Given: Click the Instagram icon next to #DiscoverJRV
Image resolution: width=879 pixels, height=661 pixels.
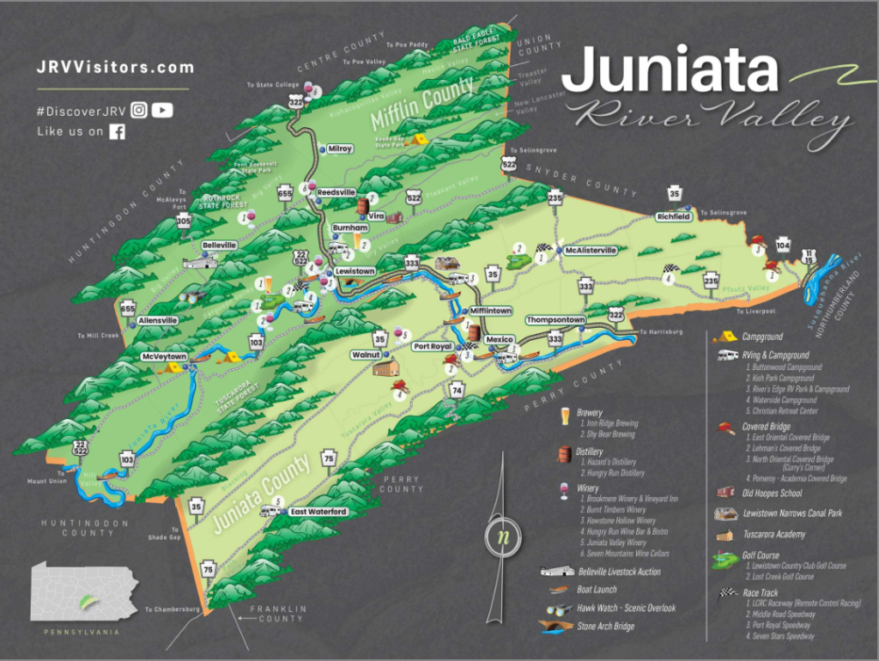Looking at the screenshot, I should click(x=139, y=110).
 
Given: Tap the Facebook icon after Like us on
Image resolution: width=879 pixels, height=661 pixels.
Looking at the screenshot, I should click(x=117, y=131).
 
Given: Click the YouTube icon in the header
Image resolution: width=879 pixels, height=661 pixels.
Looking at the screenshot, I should click(x=162, y=110).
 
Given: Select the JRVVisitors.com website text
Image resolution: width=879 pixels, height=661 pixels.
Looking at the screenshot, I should click(x=115, y=67).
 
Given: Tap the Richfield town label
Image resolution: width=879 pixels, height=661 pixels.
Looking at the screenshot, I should click(x=674, y=217).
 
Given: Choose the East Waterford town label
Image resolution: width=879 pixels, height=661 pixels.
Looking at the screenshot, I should click(x=318, y=512).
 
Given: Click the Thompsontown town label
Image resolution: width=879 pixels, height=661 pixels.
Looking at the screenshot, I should click(x=555, y=320).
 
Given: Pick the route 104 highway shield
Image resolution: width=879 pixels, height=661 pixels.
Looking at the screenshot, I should click(x=783, y=244).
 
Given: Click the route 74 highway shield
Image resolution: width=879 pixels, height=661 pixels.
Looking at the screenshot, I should click(x=457, y=391).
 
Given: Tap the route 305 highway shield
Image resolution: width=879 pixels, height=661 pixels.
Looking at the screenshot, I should click(x=184, y=221).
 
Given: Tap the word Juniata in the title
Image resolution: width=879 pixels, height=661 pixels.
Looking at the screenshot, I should click(x=675, y=70).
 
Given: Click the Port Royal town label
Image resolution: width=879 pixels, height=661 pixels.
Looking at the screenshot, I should click(x=432, y=347).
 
